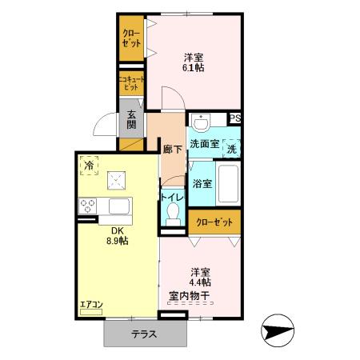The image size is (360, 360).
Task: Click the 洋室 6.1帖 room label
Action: [x=192, y=62]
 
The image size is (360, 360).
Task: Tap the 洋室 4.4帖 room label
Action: [x=200, y=276]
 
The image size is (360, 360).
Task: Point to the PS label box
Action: [x=234, y=119]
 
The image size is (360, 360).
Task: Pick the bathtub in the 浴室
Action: [x=230, y=183]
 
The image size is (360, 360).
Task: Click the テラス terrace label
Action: [x=144, y=334]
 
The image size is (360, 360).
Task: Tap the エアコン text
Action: [x=90, y=305]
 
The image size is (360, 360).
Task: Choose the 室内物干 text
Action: [x=189, y=296]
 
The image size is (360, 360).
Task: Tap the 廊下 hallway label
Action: [x=171, y=149]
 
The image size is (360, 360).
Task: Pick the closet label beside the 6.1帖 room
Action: [x=130, y=39]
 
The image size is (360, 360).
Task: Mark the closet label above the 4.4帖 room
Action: [x=214, y=221]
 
